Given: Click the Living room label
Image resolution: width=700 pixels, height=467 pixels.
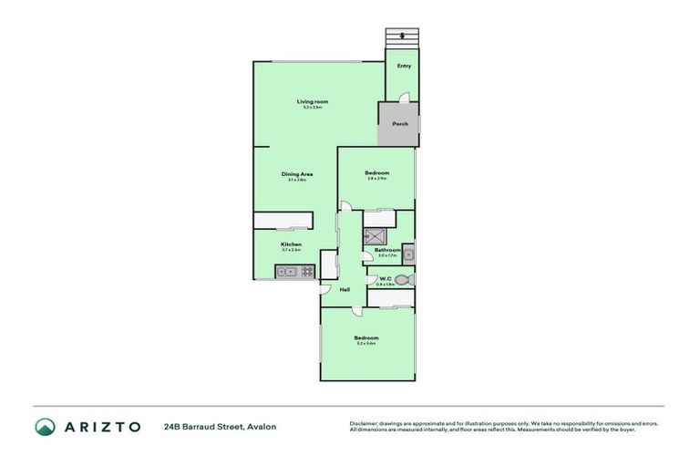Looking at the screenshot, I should (312, 101).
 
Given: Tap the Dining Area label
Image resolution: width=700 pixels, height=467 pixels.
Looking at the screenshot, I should (297, 174).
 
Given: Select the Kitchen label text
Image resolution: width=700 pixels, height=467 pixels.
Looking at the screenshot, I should (291, 244).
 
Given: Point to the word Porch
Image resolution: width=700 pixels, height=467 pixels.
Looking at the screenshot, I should (399, 124).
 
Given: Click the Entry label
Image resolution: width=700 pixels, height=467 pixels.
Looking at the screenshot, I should (404, 66).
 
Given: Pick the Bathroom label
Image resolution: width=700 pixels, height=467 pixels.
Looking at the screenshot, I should (387, 250).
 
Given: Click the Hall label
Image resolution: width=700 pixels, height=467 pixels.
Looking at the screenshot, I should (345, 290).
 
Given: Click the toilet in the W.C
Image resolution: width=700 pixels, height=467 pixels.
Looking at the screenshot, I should (405, 280).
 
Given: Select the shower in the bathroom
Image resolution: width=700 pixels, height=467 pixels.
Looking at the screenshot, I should (374, 235).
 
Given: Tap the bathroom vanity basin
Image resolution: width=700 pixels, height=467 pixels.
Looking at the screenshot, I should (409, 254).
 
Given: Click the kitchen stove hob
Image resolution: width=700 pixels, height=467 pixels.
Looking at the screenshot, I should (307, 271).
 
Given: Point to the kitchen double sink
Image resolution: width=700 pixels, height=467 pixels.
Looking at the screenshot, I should (284, 271).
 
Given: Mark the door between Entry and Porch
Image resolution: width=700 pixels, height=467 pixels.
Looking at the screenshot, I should (407, 99).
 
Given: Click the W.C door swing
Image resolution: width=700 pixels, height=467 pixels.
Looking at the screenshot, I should (371, 271).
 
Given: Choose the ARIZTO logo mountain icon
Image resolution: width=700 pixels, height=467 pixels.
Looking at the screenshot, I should (45, 426).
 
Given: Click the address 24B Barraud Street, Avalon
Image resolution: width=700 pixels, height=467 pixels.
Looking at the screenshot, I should (220, 426).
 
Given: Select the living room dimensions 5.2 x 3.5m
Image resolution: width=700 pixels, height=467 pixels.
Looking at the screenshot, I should (312, 108).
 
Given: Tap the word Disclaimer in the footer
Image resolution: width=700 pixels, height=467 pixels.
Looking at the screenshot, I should (362, 423).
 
